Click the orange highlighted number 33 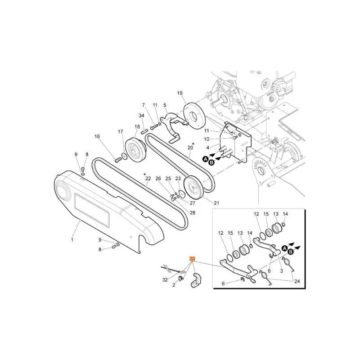(192, 259)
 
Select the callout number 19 (180, 93)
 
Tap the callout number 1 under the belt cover (72, 240)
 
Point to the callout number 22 (148, 178)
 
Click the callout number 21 (216, 203)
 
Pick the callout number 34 (141, 116)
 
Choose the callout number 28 (193, 213)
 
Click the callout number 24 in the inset (297, 281)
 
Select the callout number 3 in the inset (282, 271)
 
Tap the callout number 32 (165, 280)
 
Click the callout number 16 (97, 137)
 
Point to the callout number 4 (208, 148)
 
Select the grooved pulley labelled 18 (136, 150)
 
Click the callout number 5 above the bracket (165, 105)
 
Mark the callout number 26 (158, 178)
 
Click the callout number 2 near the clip (174, 285)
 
